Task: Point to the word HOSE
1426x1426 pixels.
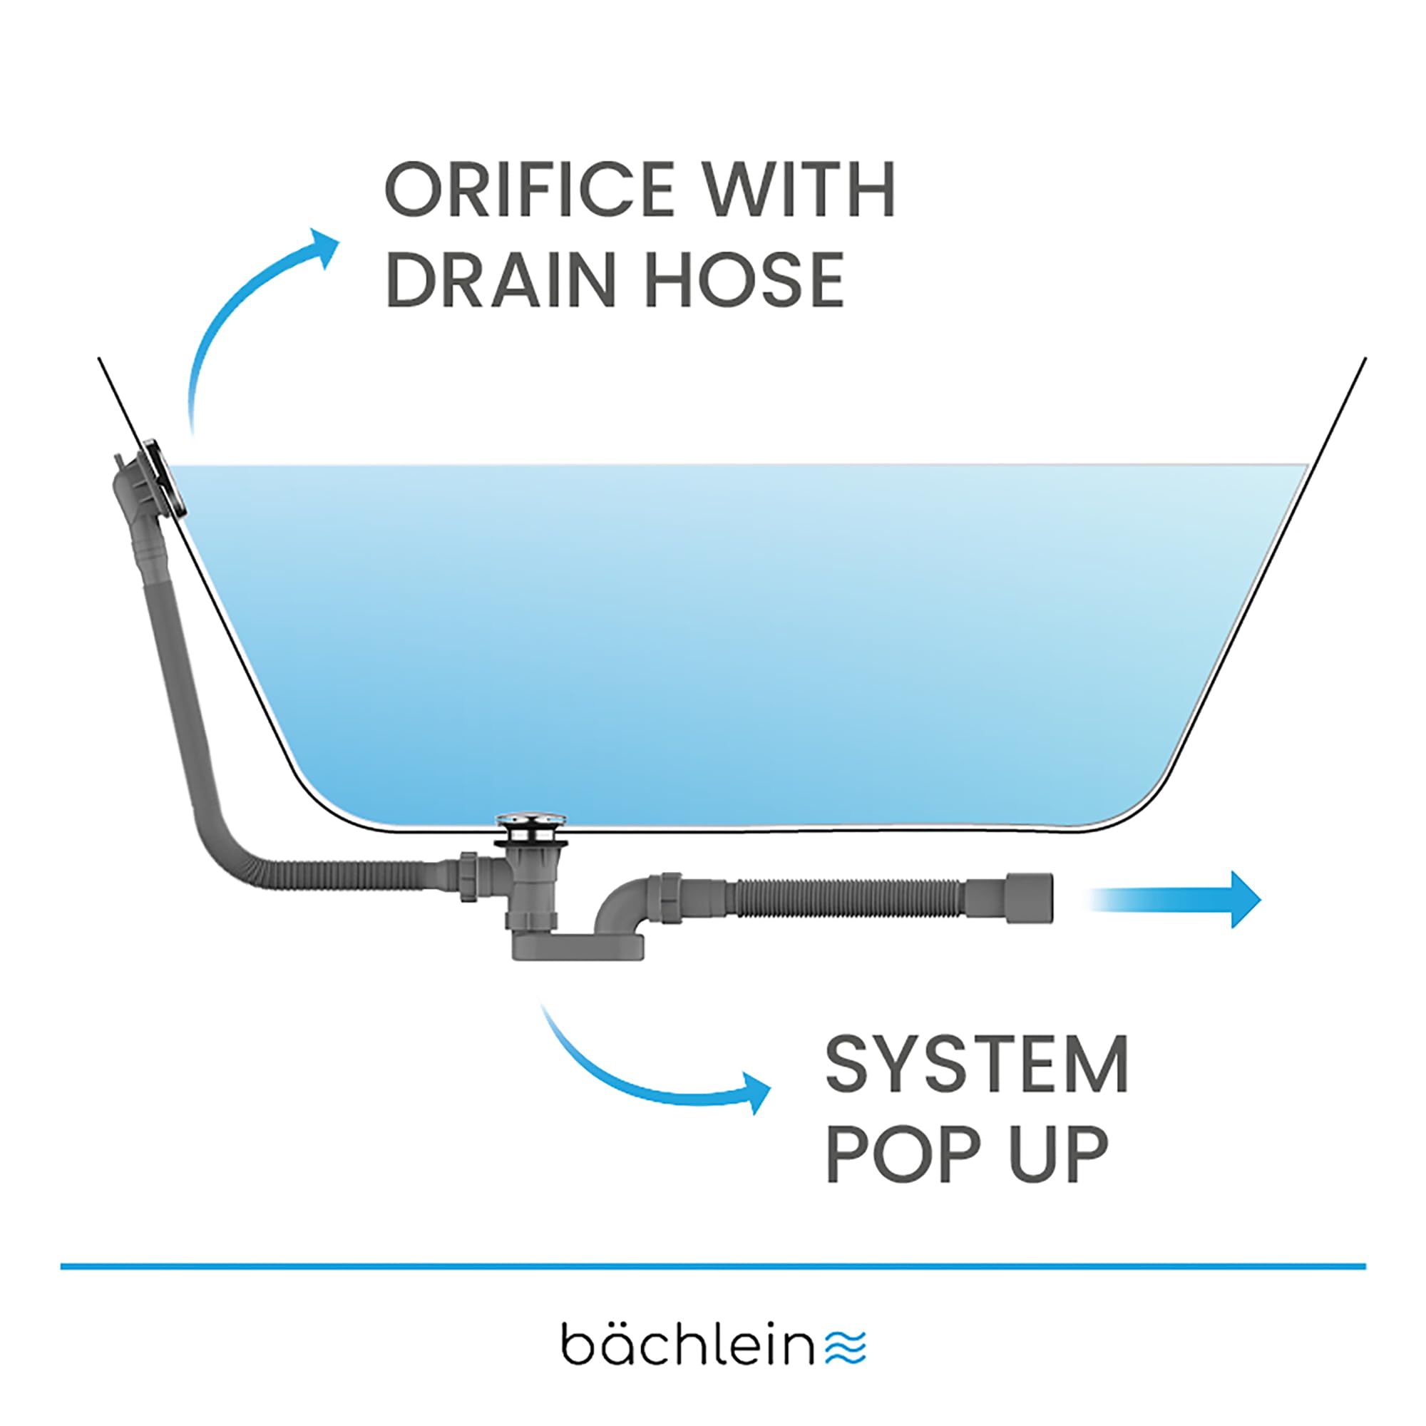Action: pos(745,279)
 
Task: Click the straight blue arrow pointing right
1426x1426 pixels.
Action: pos(1174,900)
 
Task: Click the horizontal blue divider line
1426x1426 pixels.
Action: pos(713,1266)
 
